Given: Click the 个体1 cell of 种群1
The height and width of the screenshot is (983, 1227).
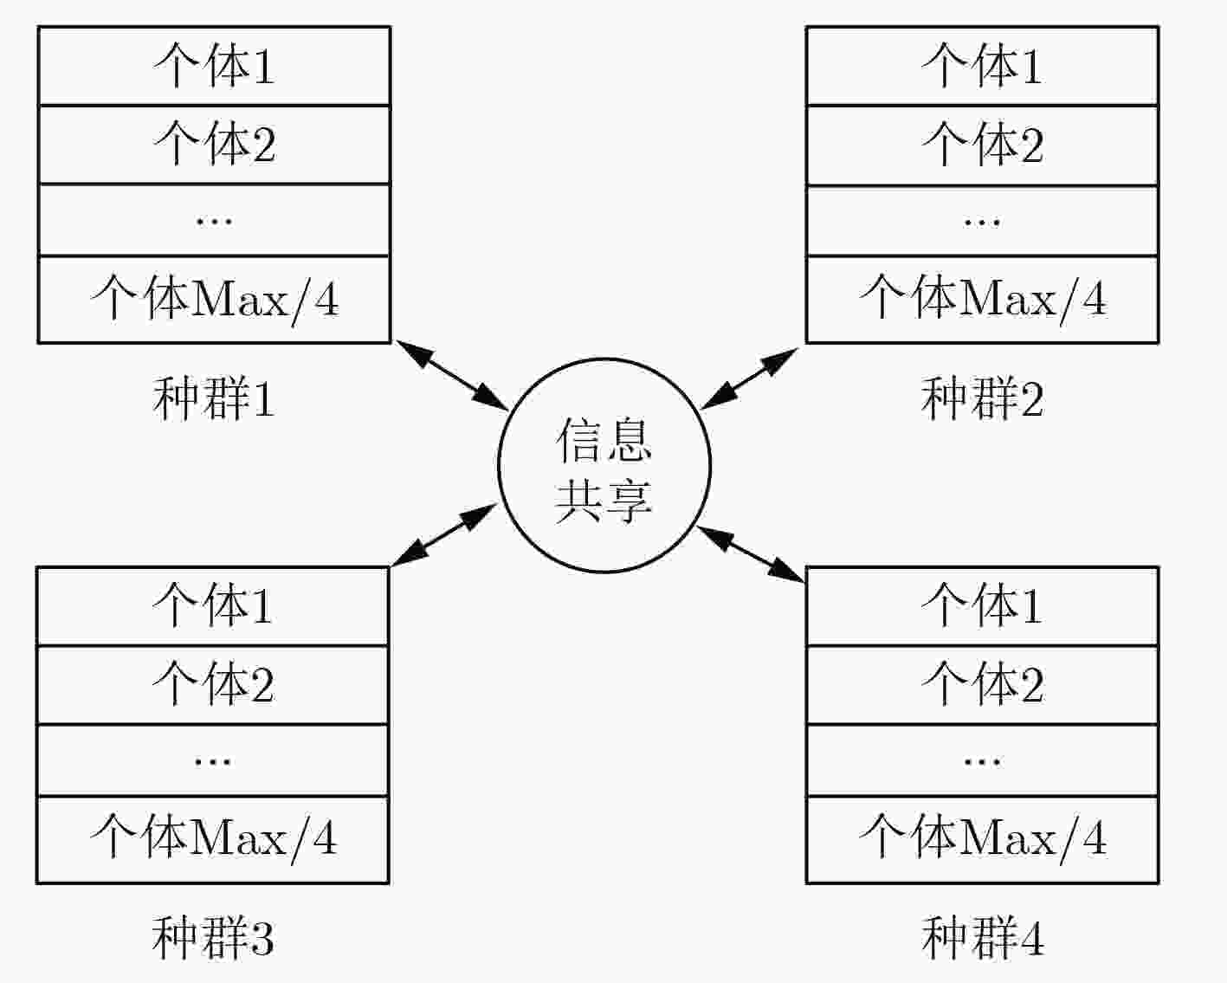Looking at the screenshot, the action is [x=215, y=66].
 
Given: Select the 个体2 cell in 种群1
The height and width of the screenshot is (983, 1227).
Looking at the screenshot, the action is [x=215, y=145].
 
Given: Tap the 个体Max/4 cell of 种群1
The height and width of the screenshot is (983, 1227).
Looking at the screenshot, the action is [x=215, y=300].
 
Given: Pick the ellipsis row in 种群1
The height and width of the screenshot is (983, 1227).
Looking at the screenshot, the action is [x=215, y=220].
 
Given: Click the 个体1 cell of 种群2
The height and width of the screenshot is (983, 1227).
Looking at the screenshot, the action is [x=983, y=66].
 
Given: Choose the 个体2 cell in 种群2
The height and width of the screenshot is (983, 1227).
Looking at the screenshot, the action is [x=983, y=146].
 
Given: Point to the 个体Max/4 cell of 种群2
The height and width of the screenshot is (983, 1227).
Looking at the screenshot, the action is [x=983, y=300].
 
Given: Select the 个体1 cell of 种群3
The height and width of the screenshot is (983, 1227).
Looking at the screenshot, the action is [x=213, y=606].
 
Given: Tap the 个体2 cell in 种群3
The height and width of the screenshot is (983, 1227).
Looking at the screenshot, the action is [x=213, y=685].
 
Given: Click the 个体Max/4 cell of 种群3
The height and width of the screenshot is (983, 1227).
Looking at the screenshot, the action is [x=213, y=839].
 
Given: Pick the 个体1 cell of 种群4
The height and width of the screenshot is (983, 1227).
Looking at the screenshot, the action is [x=983, y=606].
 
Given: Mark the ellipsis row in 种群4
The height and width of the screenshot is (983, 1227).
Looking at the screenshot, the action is [x=983, y=760].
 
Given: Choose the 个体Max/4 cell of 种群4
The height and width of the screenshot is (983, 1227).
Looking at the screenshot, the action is [x=983, y=839].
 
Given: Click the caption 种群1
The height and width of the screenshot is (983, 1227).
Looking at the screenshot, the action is [x=214, y=398].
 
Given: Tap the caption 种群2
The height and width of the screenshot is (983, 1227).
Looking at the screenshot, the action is [x=983, y=398].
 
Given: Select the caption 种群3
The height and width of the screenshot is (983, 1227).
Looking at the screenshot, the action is [x=213, y=937].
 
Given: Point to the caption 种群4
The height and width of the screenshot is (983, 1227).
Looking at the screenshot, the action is [x=983, y=937].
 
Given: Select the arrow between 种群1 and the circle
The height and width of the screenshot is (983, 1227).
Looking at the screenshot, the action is [x=452, y=375].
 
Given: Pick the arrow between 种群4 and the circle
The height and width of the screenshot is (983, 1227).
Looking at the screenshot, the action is [x=751, y=554].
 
